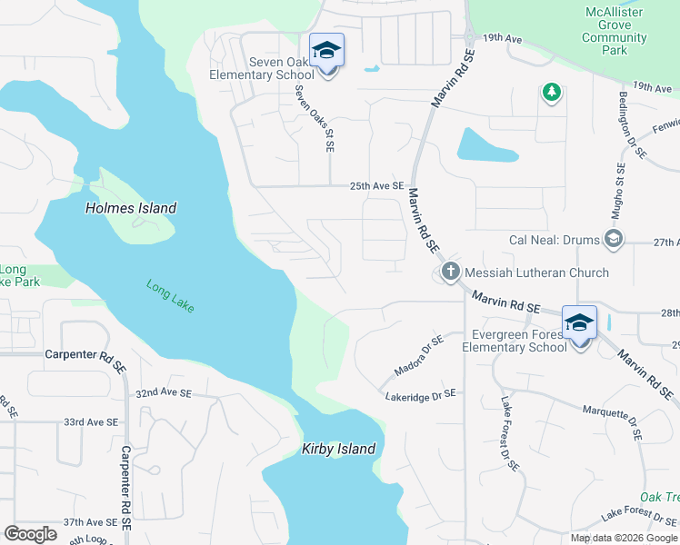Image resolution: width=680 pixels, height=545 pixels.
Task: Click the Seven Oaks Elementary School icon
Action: pyautogui.click(x=326, y=51)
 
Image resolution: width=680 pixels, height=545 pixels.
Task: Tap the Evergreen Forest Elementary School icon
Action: pyautogui.click(x=580, y=323)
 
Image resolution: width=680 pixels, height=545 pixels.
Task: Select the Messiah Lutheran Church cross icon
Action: pyautogui.click(x=449, y=272)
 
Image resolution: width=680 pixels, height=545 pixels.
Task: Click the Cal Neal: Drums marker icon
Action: pyautogui.click(x=614, y=240)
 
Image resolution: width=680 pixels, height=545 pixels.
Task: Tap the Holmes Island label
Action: pyautogui.click(x=131, y=208)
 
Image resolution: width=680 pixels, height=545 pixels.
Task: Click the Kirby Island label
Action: pyautogui.click(x=338, y=450)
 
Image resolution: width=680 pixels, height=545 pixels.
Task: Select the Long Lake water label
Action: pyautogui.click(x=171, y=296)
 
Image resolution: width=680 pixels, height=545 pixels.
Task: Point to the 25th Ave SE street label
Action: pyautogui.click(x=376, y=186)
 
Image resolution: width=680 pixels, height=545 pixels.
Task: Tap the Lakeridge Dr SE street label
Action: pyautogui.click(x=419, y=395)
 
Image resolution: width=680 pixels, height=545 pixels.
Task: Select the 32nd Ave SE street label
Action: pyautogui.click(x=164, y=394)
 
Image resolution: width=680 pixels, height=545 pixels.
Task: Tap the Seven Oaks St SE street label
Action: pyautogui.click(x=329, y=119)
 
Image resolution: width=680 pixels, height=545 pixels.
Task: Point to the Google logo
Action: pyautogui.click(x=30, y=534)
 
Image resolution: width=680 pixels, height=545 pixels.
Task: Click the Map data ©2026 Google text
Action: pyautogui.click(x=623, y=538)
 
